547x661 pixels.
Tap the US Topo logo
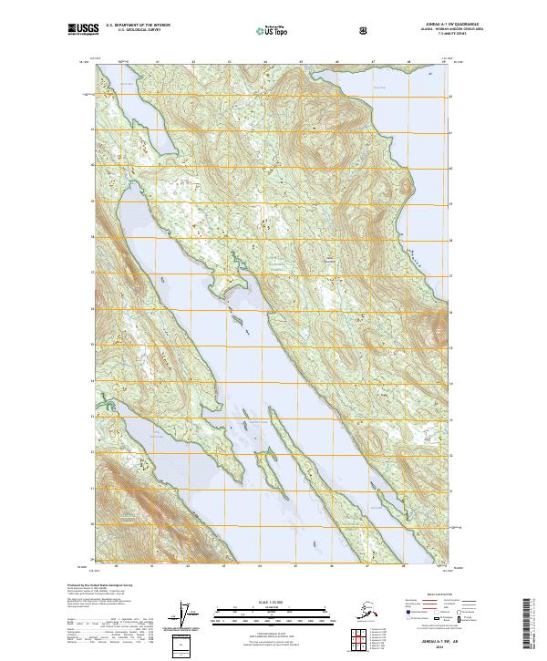[273, 30]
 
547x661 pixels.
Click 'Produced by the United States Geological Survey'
[100, 585]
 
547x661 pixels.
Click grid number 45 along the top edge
[300, 62]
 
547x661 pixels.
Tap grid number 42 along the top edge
[193, 62]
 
